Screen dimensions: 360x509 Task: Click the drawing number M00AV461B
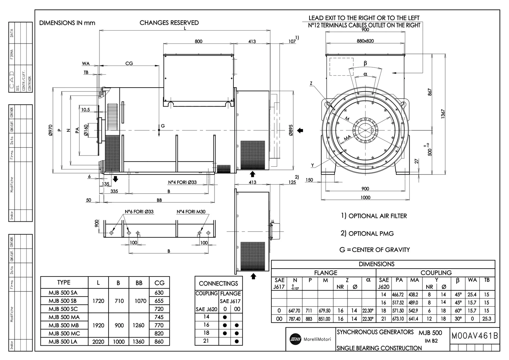click(x=474, y=336)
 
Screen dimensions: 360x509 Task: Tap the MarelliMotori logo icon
click(x=295, y=339)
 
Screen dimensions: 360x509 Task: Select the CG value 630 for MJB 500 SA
click(x=159, y=292)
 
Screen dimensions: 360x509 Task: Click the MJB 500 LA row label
click(x=63, y=342)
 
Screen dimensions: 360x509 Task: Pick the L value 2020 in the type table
click(x=98, y=342)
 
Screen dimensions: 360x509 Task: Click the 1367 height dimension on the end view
click(x=443, y=114)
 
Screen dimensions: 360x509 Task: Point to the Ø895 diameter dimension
click(x=291, y=130)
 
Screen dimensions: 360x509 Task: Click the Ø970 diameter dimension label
click(x=51, y=130)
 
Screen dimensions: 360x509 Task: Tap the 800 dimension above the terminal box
click(x=199, y=41)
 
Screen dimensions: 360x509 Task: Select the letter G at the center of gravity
click(x=163, y=126)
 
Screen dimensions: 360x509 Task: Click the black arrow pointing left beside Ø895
click(x=300, y=130)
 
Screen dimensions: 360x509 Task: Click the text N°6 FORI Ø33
click(x=139, y=212)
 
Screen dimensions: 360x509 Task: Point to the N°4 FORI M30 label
click(x=191, y=212)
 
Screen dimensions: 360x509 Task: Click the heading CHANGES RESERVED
click(x=169, y=23)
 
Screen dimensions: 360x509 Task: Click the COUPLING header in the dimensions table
click(x=436, y=273)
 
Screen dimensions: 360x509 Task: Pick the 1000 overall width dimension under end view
click(x=365, y=198)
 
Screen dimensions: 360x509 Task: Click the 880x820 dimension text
click(x=365, y=41)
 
